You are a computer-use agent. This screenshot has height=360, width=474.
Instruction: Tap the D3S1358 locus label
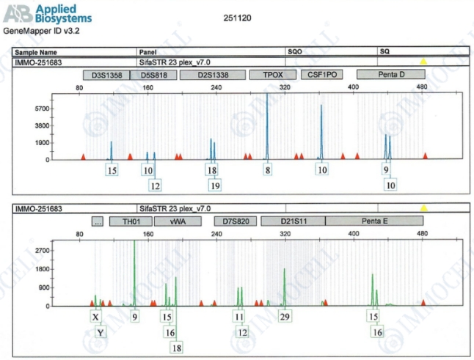[x=106, y=75]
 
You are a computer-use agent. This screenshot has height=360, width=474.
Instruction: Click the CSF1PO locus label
[x=322, y=75]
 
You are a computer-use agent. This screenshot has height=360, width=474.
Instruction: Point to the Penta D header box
[x=390, y=75]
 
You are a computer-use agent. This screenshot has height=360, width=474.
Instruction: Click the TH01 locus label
[x=131, y=221]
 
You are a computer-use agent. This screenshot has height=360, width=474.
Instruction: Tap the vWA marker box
[x=175, y=221]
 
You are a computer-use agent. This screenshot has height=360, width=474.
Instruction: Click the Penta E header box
[x=374, y=221]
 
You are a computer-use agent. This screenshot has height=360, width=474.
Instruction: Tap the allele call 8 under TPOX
[x=268, y=170]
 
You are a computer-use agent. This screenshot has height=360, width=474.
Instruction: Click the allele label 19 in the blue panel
[x=214, y=185]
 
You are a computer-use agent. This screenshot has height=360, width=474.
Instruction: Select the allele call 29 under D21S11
[x=285, y=317]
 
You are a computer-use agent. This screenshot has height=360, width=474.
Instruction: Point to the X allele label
[x=95, y=317]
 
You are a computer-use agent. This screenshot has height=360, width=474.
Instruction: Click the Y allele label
[x=102, y=332]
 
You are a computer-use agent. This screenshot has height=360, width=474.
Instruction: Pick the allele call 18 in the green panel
[x=177, y=347]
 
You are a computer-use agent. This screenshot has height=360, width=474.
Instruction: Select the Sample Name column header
[x=37, y=53]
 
